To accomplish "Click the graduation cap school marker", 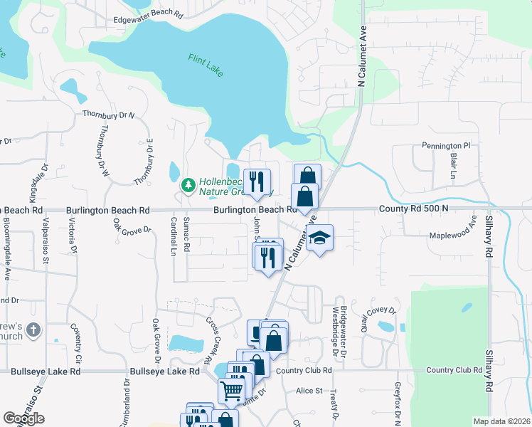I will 319,238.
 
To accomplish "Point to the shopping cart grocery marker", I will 231,389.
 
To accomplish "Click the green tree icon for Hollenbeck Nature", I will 188,186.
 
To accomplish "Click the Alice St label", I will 309,391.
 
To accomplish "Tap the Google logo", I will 24,418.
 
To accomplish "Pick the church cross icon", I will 36,330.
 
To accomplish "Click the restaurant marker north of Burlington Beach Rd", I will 257,181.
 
